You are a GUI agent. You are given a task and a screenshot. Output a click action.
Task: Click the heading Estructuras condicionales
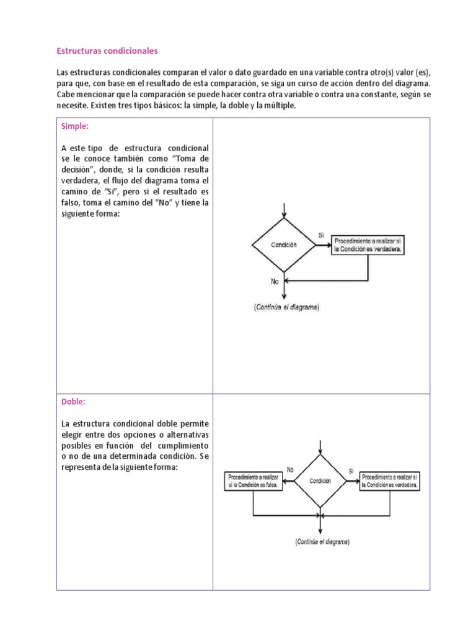tap(107, 50)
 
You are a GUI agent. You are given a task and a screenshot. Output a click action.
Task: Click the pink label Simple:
tap(75, 126)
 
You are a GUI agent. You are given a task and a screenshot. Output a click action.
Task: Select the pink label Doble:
tap(73, 401)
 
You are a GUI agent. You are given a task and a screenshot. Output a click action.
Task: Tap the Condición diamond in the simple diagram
tap(284, 245)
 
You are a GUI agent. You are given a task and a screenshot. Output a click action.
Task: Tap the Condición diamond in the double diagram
tap(320, 481)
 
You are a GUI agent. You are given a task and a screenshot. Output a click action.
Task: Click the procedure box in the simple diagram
tap(368, 245)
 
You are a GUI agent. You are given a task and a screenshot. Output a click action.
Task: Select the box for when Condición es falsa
tap(253, 482)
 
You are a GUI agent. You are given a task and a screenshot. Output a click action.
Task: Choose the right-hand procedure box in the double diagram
tap(390, 482)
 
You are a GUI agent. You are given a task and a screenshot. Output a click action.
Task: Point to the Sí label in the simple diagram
tap(321, 235)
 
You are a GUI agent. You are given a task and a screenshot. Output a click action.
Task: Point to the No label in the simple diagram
tap(275, 280)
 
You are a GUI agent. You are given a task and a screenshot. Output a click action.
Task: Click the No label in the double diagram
tap(290, 470)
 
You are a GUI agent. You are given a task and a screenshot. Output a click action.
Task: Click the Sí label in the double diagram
tap(351, 471)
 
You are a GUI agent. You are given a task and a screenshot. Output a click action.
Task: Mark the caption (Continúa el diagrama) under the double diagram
tap(322, 542)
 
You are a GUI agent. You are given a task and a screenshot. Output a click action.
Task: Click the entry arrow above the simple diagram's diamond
tap(284, 210)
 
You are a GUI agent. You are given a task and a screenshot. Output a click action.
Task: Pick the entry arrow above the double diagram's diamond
tap(320, 447)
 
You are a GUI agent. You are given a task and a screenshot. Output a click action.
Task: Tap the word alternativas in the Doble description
tap(185, 435)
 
